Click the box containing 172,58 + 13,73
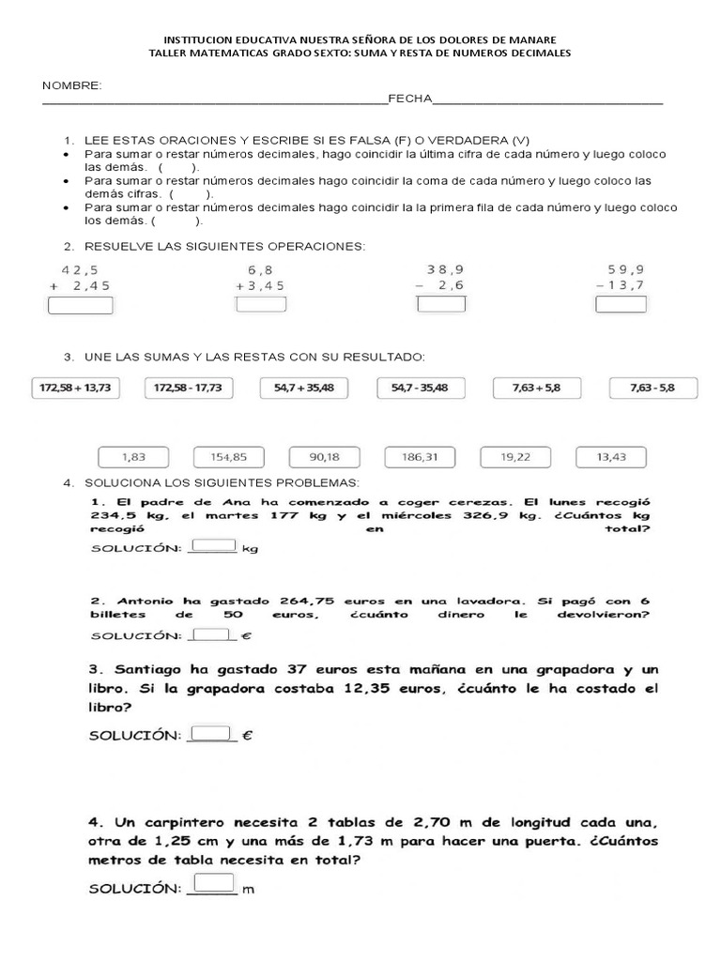pyautogui.click(x=77, y=388)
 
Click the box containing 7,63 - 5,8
pyautogui.click(x=652, y=388)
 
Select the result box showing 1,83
pyautogui.click(x=135, y=457)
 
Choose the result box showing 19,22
pyautogui.click(x=515, y=457)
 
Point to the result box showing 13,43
pyautogui.click(x=611, y=457)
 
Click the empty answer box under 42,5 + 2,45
pyautogui.click(x=80, y=305)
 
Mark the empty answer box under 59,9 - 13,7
pyautogui.click(x=621, y=303)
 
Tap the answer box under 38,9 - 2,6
pyautogui.click(x=435, y=303)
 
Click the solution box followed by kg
pyautogui.click(x=214, y=545)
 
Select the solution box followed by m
pyautogui.click(x=214, y=882)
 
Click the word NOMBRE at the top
pyautogui.click(x=71, y=85)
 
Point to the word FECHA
pyautogui.click(x=409, y=98)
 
